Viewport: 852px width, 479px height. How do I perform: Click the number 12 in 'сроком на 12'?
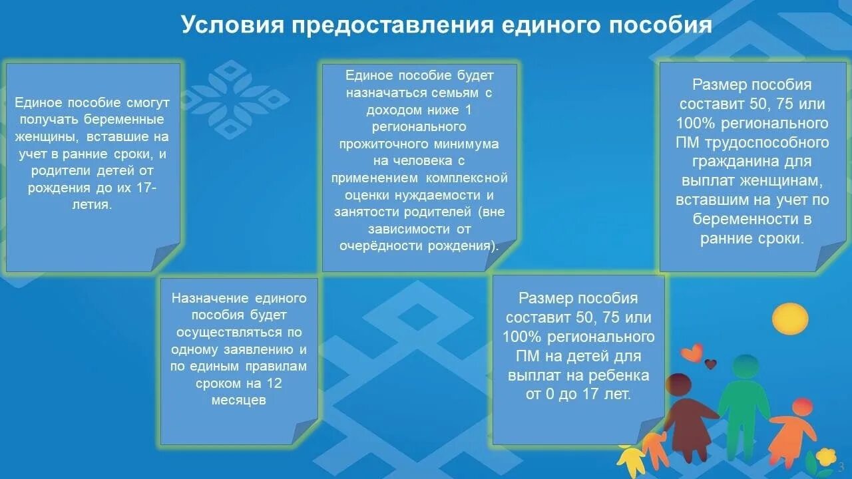point(274,383)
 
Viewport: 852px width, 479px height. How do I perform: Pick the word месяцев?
point(239,400)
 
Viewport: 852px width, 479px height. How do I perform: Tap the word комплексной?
point(470,178)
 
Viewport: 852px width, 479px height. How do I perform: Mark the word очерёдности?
point(375,245)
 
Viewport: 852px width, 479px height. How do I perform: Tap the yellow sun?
point(791,318)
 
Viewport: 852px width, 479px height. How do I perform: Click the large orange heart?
point(693,352)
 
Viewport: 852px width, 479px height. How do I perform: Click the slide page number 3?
point(841,466)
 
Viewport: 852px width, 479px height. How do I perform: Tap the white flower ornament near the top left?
point(234,99)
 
